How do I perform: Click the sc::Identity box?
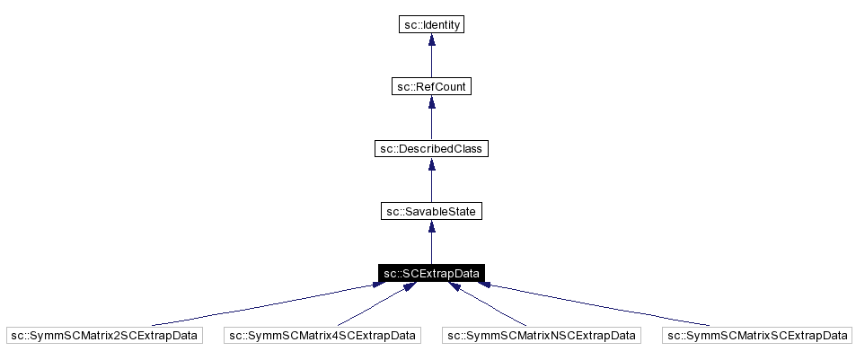tap(431, 25)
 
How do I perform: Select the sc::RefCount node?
tap(431, 87)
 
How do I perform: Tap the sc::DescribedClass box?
tap(431, 149)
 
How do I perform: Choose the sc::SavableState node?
tap(431, 211)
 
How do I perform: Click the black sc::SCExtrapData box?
tap(431, 273)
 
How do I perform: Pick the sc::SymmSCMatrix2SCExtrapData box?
tap(104, 335)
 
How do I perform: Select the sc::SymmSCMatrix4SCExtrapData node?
tap(322, 335)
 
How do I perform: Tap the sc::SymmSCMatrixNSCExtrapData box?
tap(541, 335)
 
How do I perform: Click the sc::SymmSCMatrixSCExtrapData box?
tap(757, 335)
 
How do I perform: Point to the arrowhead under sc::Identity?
tap(431, 41)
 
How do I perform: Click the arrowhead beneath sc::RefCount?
tap(431, 103)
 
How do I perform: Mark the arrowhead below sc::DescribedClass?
tap(431, 165)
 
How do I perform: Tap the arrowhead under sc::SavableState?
tap(431, 227)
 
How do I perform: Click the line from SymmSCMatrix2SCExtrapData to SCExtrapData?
tap(260, 306)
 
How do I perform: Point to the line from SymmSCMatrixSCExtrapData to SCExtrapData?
tap(602, 306)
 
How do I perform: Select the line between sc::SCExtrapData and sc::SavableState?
tap(431, 249)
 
